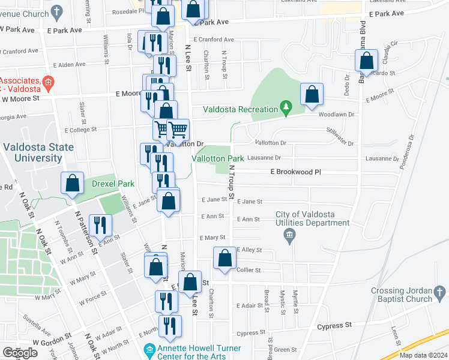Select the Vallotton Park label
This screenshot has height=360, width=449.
(217, 158)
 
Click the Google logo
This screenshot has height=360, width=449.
(19, 353)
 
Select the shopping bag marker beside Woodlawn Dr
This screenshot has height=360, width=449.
(312, 95)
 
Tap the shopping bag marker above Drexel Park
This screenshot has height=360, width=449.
(72, 184)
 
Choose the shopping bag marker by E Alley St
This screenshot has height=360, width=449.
(225, 259)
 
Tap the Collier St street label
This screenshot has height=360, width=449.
(250, 270)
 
